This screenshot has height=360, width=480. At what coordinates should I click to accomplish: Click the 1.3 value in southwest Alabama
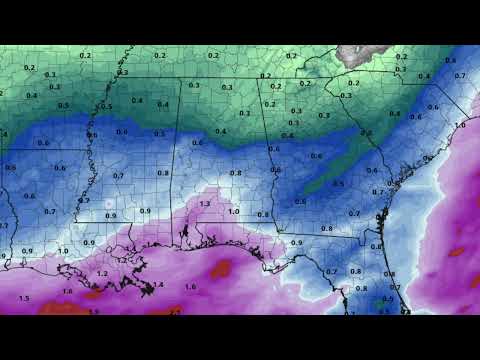pyautogui.click(x=205, y=203)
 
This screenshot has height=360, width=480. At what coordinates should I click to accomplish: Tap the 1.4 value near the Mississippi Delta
pyautogui.click(x=158, y=285)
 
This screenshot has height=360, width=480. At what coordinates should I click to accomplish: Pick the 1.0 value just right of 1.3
pyautogui.click(x=233, y=212)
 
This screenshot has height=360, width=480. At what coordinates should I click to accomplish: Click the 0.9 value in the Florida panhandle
pyautogui.click(x=296, y=243)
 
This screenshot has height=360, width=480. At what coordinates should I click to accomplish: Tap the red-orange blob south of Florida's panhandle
pyautogui.click(x=220, y=268)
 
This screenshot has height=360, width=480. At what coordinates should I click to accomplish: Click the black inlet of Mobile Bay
pyautogui.click(x=185, y=236)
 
